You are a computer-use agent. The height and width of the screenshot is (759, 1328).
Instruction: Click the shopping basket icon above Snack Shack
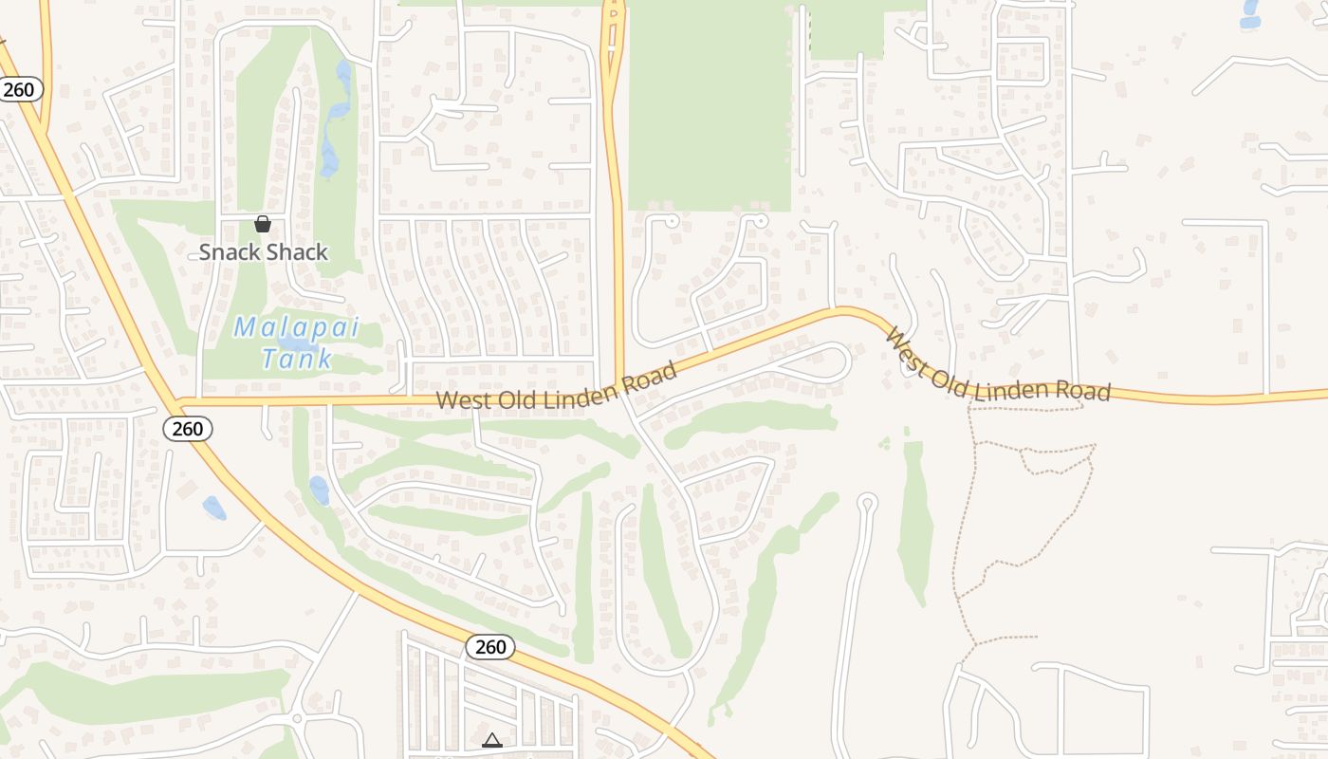click(x=263, y=224)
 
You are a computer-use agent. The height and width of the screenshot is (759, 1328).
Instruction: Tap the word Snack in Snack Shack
click(x=229, y=252)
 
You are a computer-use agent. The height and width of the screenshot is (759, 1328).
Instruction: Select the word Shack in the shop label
click(x=296, y=252)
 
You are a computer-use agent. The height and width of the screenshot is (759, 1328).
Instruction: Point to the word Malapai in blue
click(x=296, y=328)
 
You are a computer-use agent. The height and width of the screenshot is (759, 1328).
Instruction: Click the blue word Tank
click(x=297, y=359)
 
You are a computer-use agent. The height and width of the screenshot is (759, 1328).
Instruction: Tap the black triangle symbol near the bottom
click(x=491, y=740)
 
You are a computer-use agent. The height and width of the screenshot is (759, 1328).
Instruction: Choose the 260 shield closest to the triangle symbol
click(x=490, y=647)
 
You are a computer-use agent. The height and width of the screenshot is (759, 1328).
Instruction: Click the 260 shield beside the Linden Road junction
click(x=188, y=429)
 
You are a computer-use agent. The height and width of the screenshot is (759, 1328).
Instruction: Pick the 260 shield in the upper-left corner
click(x=19, y=90)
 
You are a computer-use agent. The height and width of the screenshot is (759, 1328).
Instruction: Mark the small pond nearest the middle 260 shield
click(x=214, y=508)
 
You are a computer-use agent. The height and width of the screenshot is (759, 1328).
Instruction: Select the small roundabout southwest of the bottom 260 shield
click(x=297, y=719)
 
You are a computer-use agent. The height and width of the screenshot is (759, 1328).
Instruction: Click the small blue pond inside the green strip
click(x=320, y=491)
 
